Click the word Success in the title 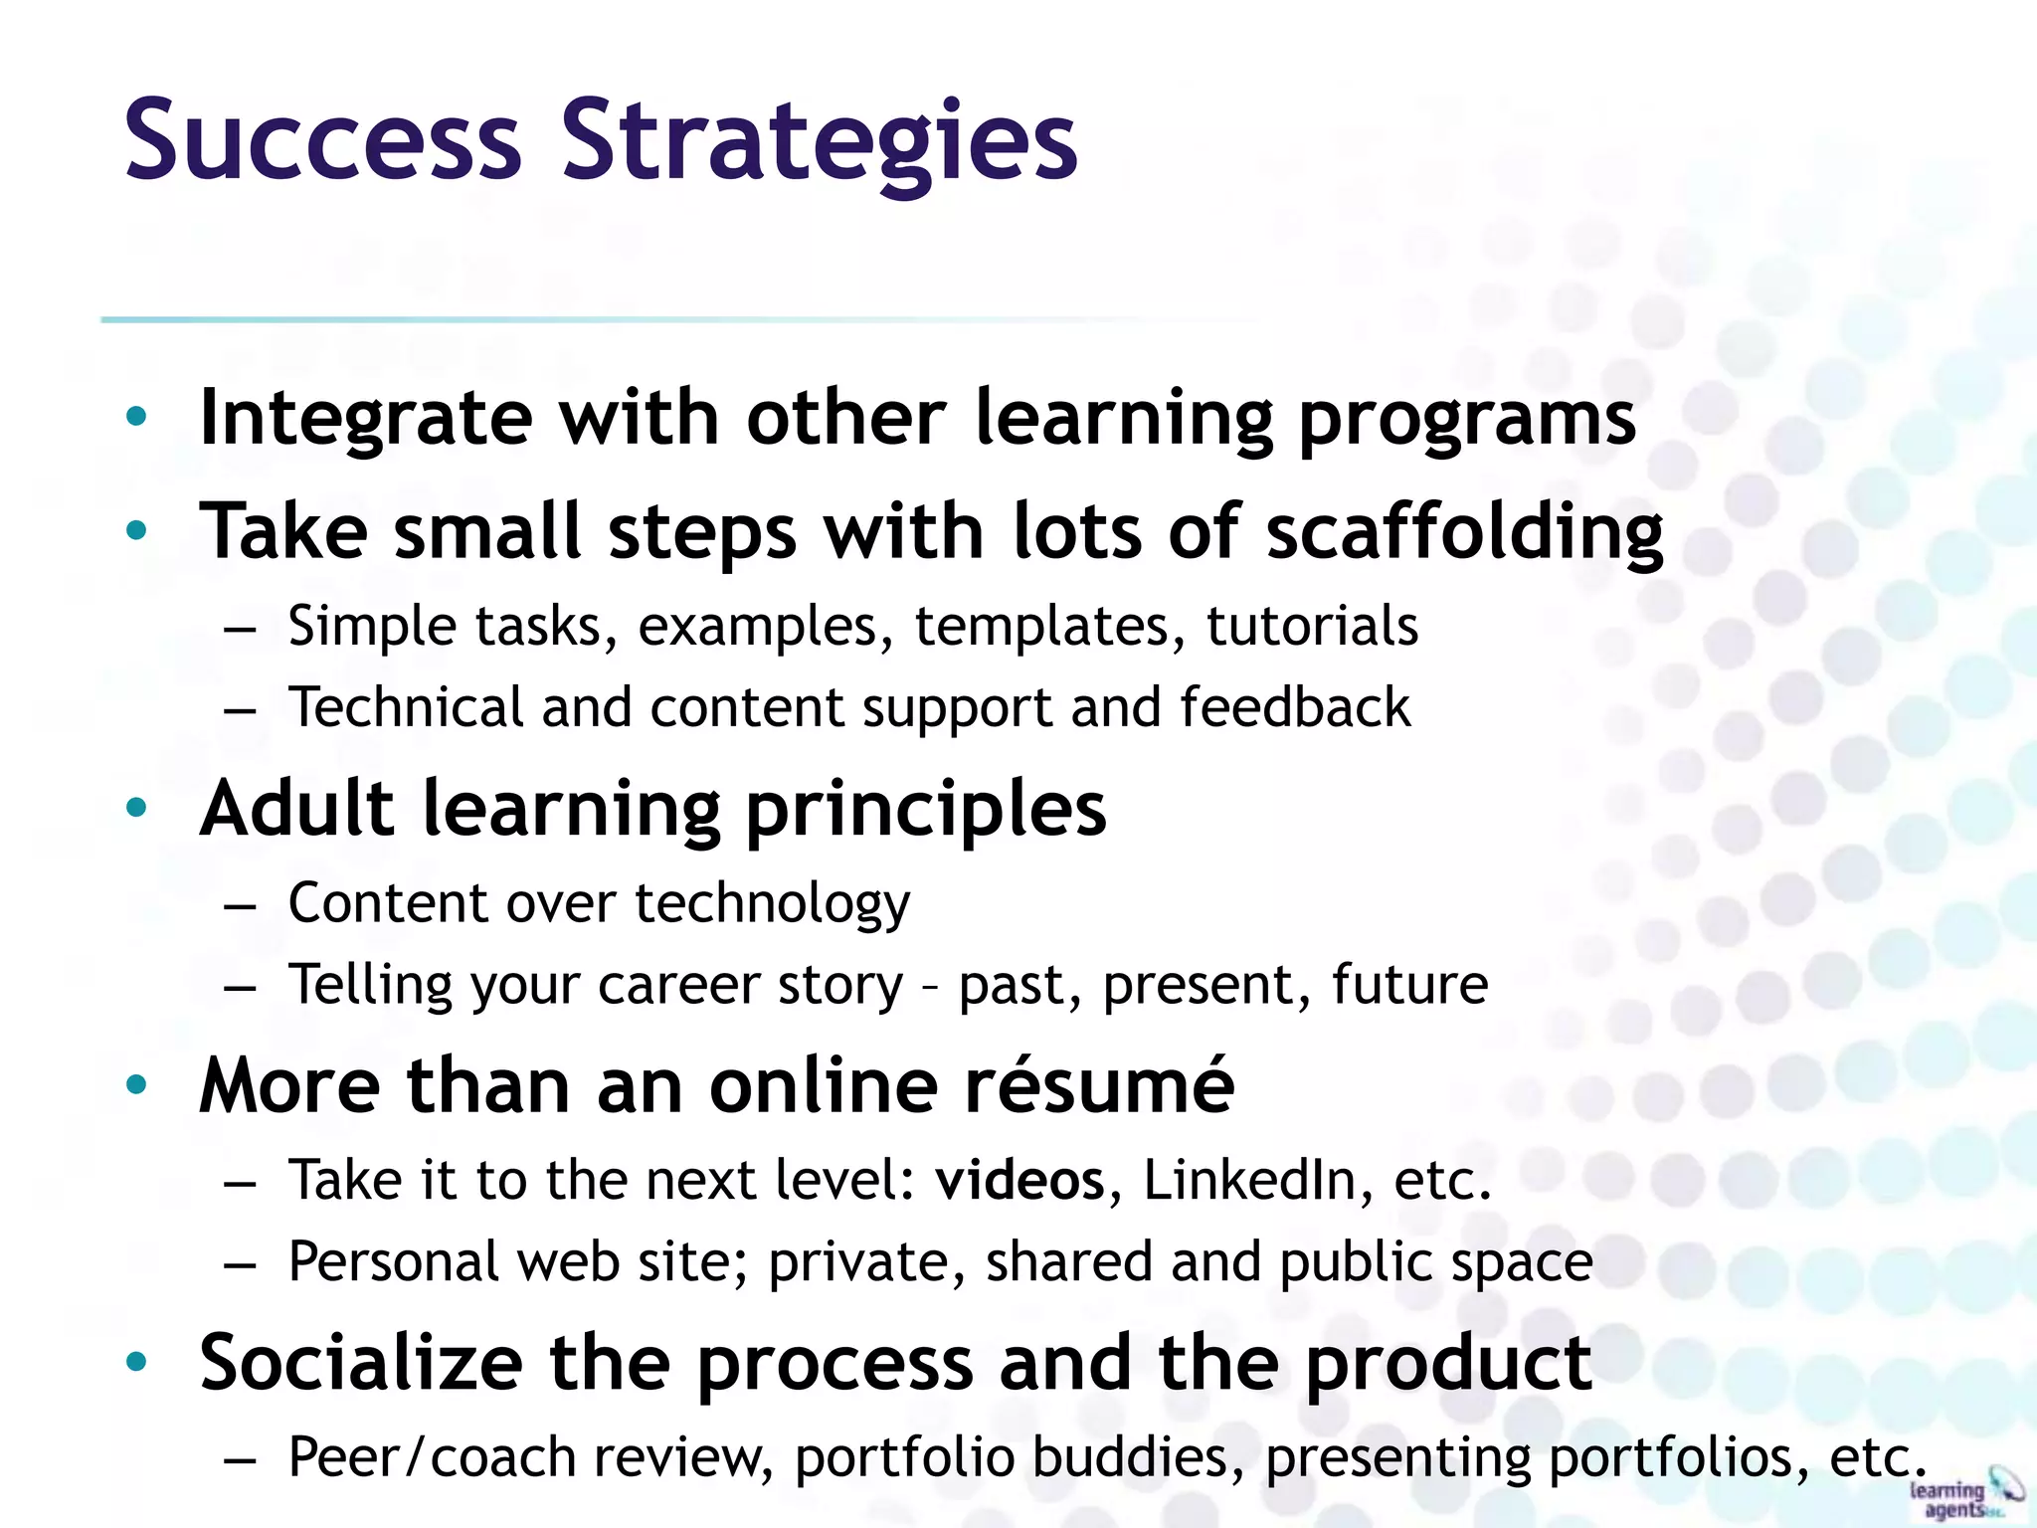point(323,142)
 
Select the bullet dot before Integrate point(137,417)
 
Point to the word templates point(1050,627)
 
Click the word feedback point(1295,707)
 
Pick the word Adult point(297,808)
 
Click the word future point(1409,985)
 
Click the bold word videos point(1019,1181)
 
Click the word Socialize point(361,1362)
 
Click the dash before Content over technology point(241,906)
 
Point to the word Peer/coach point(432,1458)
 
